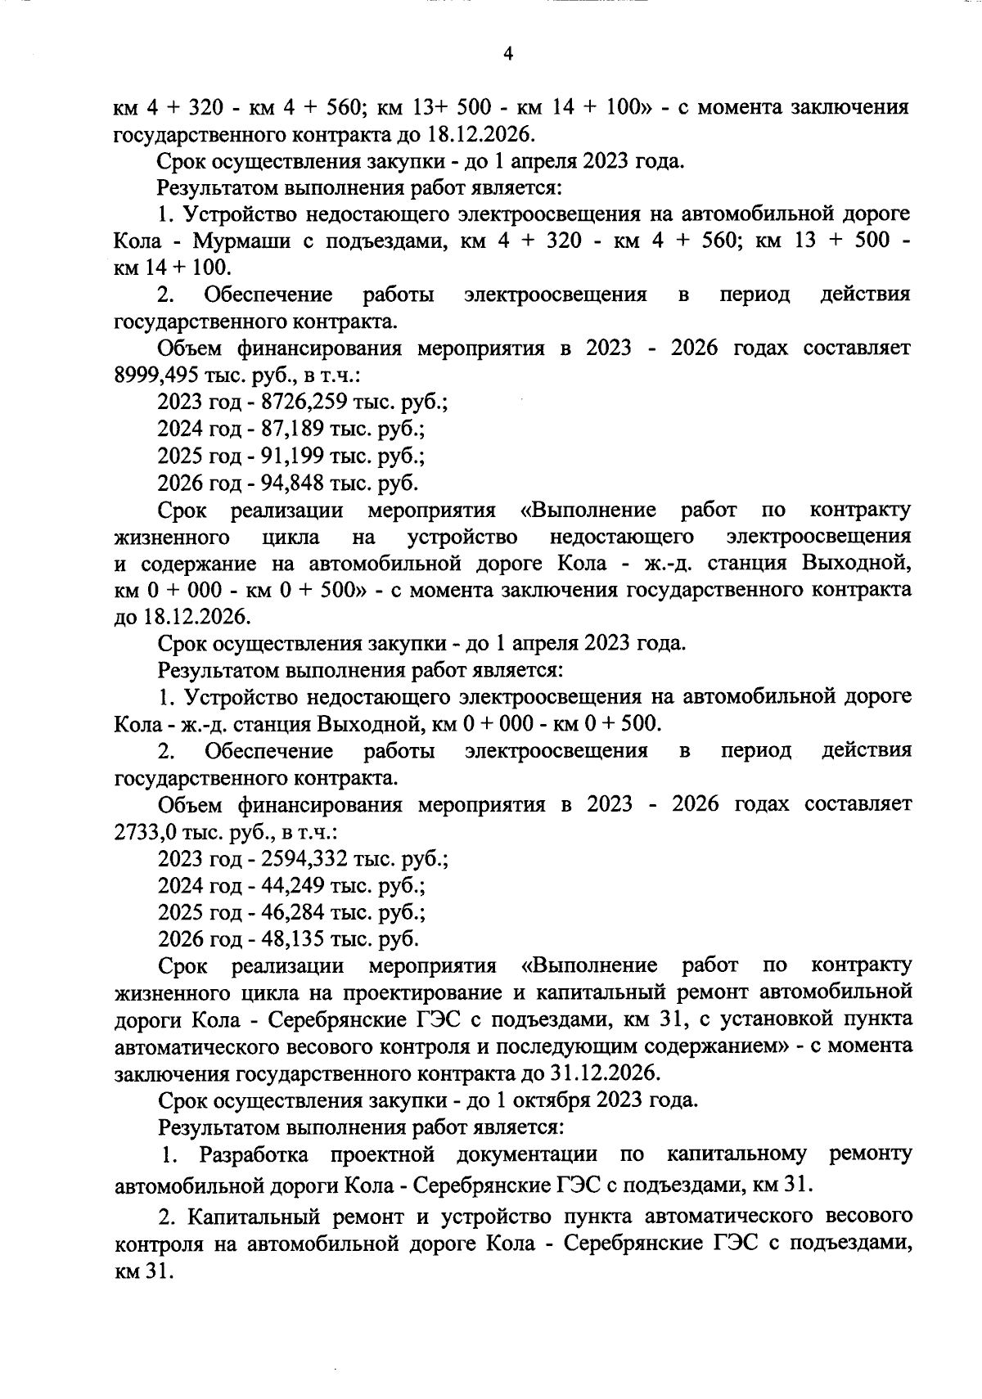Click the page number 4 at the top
[x=507, y=54]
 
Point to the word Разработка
[x=254, y=1155]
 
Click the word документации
[x=526, y=1155]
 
